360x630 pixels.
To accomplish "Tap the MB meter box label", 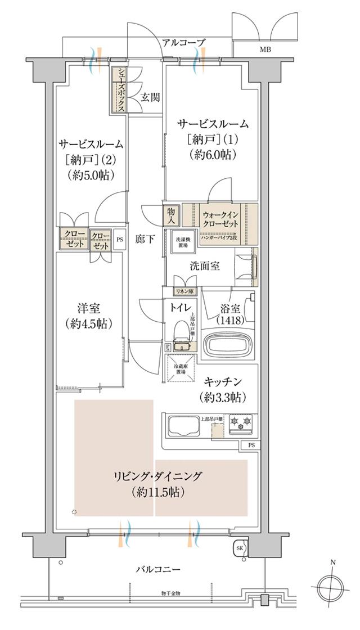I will pos(264,49).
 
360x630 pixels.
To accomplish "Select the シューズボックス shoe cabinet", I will pos(119,90).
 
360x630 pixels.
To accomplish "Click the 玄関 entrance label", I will pos(150,97).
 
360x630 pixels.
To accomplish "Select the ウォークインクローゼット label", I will pos(222,217).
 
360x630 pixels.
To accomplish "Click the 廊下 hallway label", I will pos(145,238).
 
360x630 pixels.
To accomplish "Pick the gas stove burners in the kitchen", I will pos(242,424).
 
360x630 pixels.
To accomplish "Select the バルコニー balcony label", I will pos(159,569).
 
